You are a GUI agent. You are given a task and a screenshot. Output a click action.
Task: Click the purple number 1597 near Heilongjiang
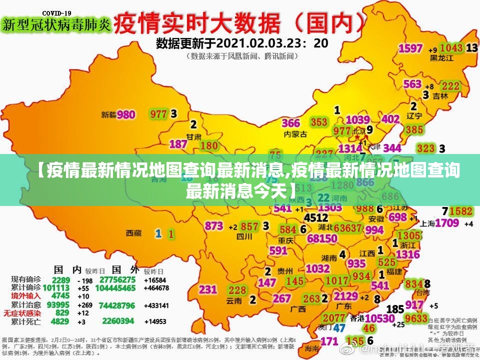coord(410,48)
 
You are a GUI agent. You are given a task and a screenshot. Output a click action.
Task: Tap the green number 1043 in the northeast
coord(451,47)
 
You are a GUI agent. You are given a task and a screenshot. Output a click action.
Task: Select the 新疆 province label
coord(108,114)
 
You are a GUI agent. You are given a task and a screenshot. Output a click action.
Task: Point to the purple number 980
coord(126,114)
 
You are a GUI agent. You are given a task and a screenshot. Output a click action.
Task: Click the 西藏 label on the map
coord(133,233)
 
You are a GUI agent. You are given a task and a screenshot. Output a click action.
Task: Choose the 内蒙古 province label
coord(294,134)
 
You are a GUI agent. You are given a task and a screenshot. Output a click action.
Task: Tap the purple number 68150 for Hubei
coord(322,238)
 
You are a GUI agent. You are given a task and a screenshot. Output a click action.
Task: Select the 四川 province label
coord(244,236)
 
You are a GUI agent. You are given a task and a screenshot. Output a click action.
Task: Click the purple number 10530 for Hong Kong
coord(380,318)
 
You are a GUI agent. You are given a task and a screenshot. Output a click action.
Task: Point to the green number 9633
coord(416,318)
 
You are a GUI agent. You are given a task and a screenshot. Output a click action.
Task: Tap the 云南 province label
coord(234,300)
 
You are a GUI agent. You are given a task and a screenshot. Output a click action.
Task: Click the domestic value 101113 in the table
coord(56,287)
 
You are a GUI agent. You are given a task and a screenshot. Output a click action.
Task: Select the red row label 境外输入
coord(26,296)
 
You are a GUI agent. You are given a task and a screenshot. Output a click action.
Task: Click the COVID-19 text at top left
coord(56,12)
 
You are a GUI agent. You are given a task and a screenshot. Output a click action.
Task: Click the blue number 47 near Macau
coord(339,327)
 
